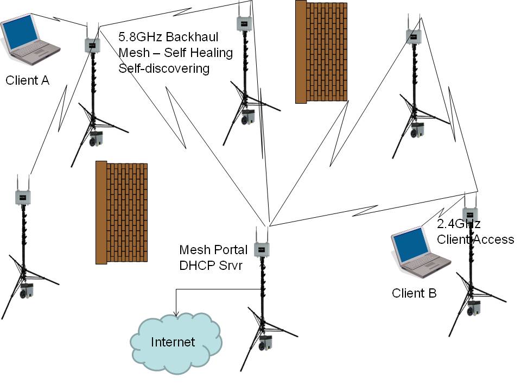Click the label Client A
[27, 81]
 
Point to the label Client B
[414, 293]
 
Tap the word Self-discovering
[164, 68]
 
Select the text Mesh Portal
[213, 250]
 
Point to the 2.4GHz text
[459, 224]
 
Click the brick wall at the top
[321, 52]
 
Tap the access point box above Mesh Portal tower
[263, 249]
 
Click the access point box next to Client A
[92, 45]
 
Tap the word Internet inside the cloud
[173, 342]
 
